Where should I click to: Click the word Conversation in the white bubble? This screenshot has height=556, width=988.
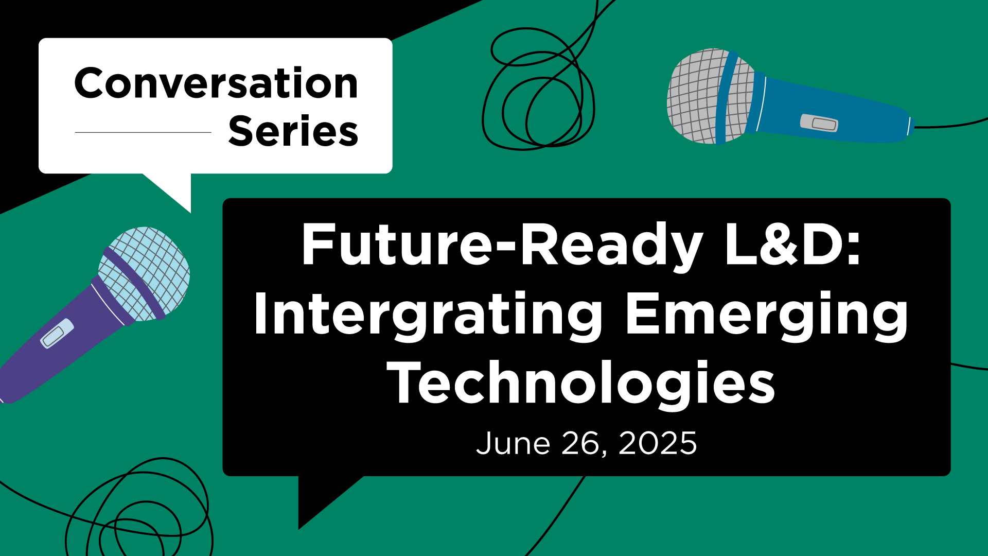(216, 83)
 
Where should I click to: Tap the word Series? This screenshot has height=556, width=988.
(293, 131)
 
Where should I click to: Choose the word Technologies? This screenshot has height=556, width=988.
(581, 384)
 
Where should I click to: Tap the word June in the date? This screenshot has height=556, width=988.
(513, 443)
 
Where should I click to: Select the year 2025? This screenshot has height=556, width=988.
(658, 443)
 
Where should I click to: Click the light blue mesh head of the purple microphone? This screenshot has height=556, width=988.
(147, 273)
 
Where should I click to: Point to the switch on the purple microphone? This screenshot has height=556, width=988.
(57, 334)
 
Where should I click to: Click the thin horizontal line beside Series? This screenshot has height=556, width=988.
(143, 132)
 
